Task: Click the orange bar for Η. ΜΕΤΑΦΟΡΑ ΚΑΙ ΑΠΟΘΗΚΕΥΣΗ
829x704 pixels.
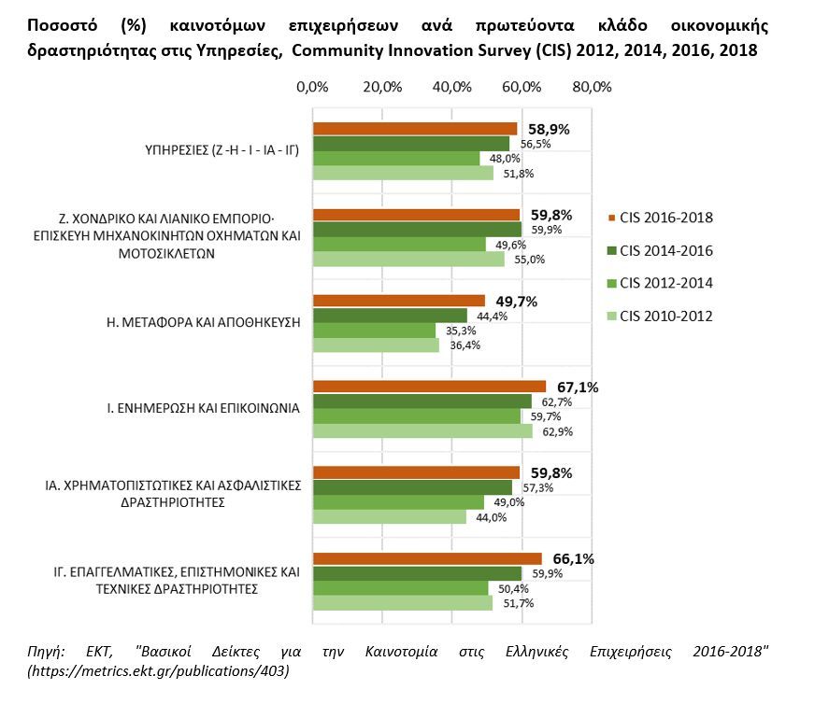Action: point(398,301)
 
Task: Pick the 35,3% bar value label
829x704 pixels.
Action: point(454,331)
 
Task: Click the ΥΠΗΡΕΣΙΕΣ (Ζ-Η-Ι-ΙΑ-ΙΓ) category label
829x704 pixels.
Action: point(217,150)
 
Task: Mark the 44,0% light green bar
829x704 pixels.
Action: point(389,517)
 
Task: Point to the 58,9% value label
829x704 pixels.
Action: point(550,129)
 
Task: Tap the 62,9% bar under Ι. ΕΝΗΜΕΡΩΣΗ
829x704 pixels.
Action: point(422,431)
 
